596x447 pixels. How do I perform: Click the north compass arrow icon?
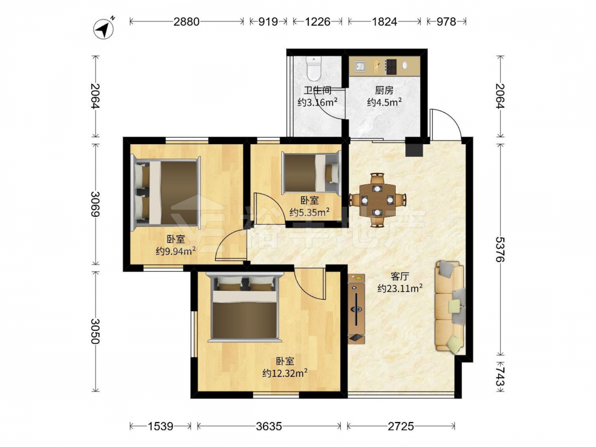[104, 29]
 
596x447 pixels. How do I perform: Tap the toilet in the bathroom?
[314, 69]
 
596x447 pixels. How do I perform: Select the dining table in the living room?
[377, 200]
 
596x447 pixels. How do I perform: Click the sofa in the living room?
[450, 306]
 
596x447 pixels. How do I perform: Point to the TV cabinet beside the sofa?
[356, 309]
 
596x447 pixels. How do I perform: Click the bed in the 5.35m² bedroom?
[311, 172]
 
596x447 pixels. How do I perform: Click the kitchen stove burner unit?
[391, 66]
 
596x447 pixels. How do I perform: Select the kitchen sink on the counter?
[359, 67]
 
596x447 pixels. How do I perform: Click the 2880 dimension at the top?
[187, 21]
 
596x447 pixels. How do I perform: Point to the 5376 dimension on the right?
[500, 249]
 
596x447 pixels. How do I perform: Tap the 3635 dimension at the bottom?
[269, 427]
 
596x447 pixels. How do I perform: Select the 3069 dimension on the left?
[95, 204]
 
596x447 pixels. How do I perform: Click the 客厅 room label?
[400, 277]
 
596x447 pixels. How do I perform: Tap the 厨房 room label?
[384, 90]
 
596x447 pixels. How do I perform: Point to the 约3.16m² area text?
[318, 103]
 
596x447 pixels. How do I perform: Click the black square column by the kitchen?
[414, 147]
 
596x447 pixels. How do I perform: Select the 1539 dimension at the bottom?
[160, 427]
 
